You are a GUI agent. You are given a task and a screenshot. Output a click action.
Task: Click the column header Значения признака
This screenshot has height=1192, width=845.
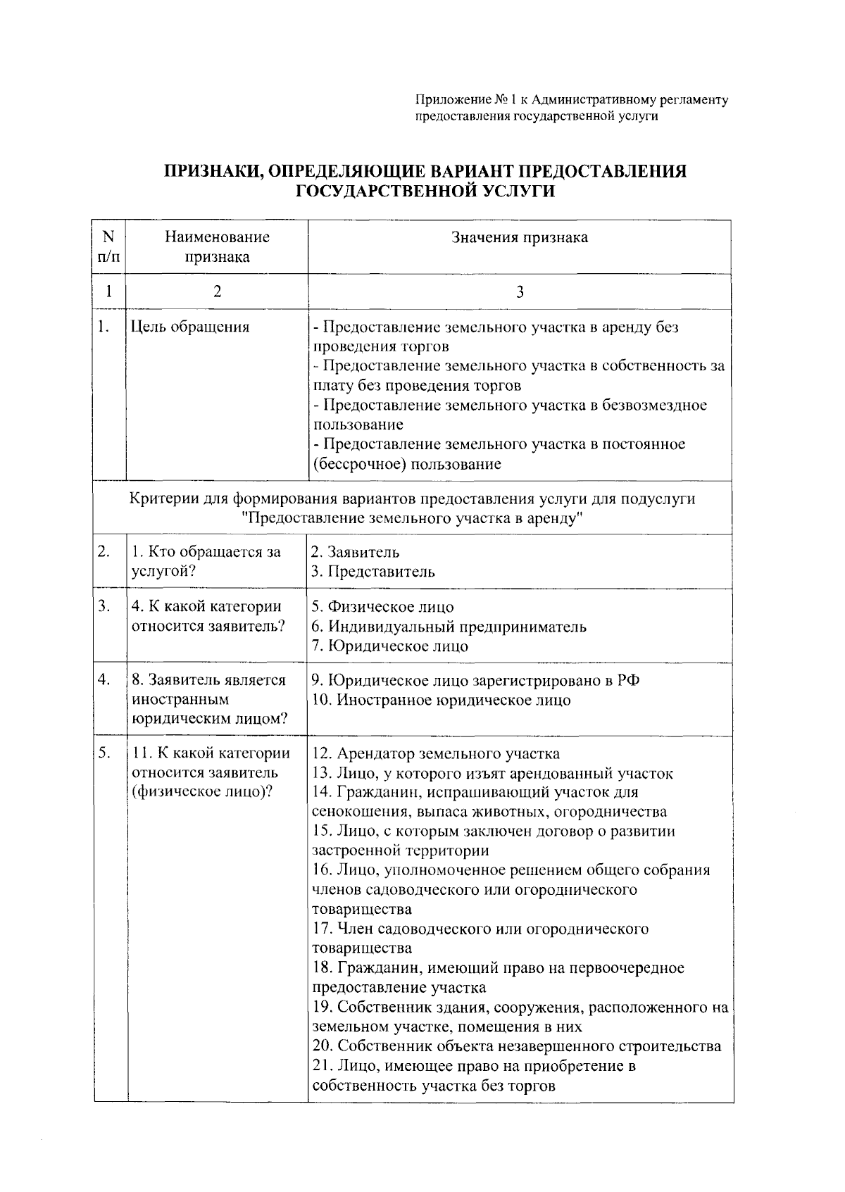click(519, 238)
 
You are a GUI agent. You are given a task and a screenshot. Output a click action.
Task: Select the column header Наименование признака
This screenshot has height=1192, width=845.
click(217, 247)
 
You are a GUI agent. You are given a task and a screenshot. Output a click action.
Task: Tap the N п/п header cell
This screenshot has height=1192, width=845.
click(108, 247)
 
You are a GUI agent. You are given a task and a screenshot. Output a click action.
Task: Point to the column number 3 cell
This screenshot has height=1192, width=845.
click(520, 292)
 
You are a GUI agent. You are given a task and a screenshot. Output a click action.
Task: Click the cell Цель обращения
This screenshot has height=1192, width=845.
click(190, 327)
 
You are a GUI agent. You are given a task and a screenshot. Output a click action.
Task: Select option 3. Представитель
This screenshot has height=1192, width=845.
click(373, 572)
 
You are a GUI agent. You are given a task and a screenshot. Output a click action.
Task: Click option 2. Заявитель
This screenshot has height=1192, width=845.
click(356, 553)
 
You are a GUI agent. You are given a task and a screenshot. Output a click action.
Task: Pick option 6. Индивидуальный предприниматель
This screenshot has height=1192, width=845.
click(449, 627)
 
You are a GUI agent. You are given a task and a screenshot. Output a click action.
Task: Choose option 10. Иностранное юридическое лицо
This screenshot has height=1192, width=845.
click(441, 701)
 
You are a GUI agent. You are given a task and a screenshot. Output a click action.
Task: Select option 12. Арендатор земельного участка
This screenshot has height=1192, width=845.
click(436, 754)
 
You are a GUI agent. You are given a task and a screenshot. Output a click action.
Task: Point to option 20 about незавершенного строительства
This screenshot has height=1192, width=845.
click(516, 1046)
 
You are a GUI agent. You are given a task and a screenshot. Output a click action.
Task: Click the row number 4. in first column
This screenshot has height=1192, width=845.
click(104, 680)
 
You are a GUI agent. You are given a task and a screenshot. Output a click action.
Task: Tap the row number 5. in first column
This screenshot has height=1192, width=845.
click(104, 753)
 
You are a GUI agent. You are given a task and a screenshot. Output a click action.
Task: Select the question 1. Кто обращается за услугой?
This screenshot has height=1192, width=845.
click(206, 562)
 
